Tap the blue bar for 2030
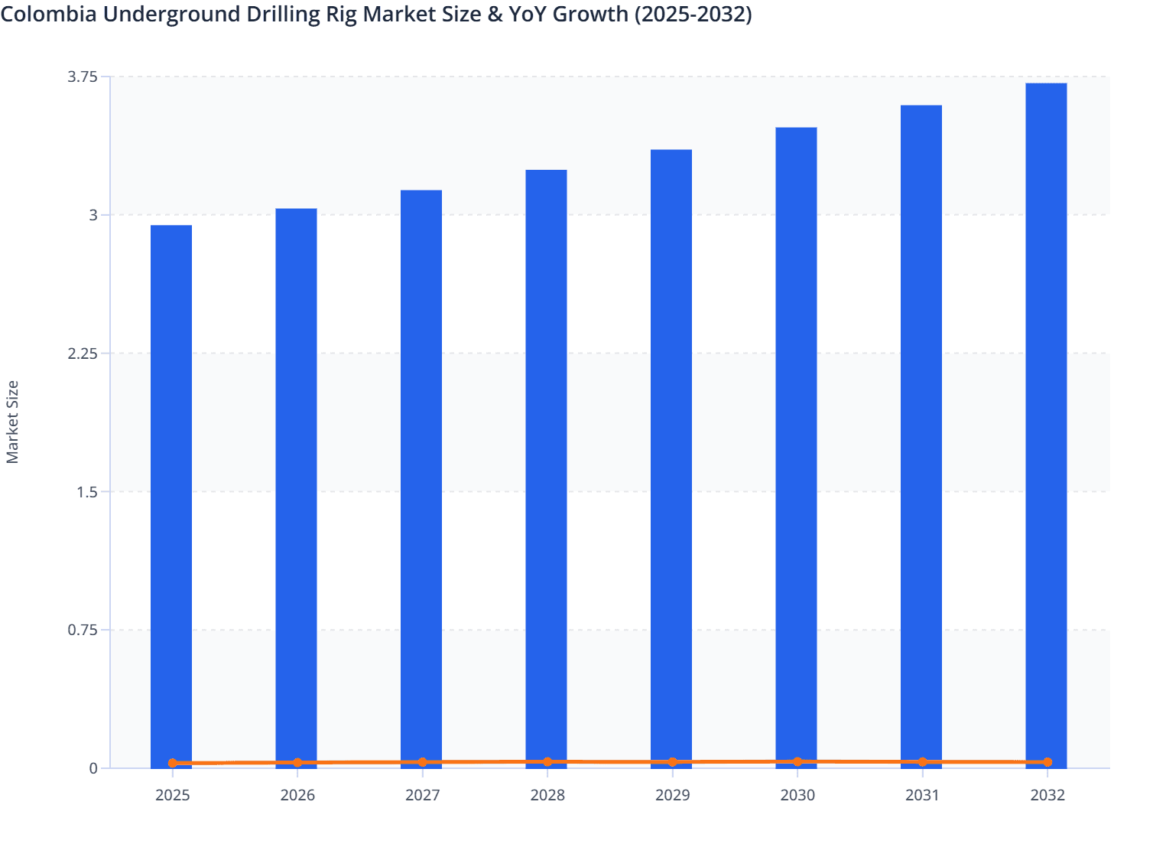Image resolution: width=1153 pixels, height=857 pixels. tap(796, 448)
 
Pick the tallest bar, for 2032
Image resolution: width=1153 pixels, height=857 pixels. tap(1046, 425)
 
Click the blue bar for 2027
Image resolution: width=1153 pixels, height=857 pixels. tap(421, 478)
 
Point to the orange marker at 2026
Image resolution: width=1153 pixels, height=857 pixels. tap(297, 763)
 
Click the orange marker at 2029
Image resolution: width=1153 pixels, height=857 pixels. tap(673, 762)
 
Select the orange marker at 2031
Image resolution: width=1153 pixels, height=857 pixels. tap(922, 762)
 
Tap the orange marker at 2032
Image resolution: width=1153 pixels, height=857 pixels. tap(1047, 762)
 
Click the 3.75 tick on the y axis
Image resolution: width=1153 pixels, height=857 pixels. tap(83, 77)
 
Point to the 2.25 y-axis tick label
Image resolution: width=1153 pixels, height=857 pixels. tap(83, 354)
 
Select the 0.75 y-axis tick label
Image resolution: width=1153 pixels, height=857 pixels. tap(83, 631)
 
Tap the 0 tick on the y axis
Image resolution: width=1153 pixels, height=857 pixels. tap(93, 768)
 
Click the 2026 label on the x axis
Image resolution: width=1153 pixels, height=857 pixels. tap(297, 796)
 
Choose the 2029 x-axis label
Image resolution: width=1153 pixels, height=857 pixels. tap(673, 796)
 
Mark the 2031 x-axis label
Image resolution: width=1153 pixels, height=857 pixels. tap(922, 796)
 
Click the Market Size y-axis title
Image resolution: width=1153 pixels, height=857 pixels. tap(12, 422)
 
